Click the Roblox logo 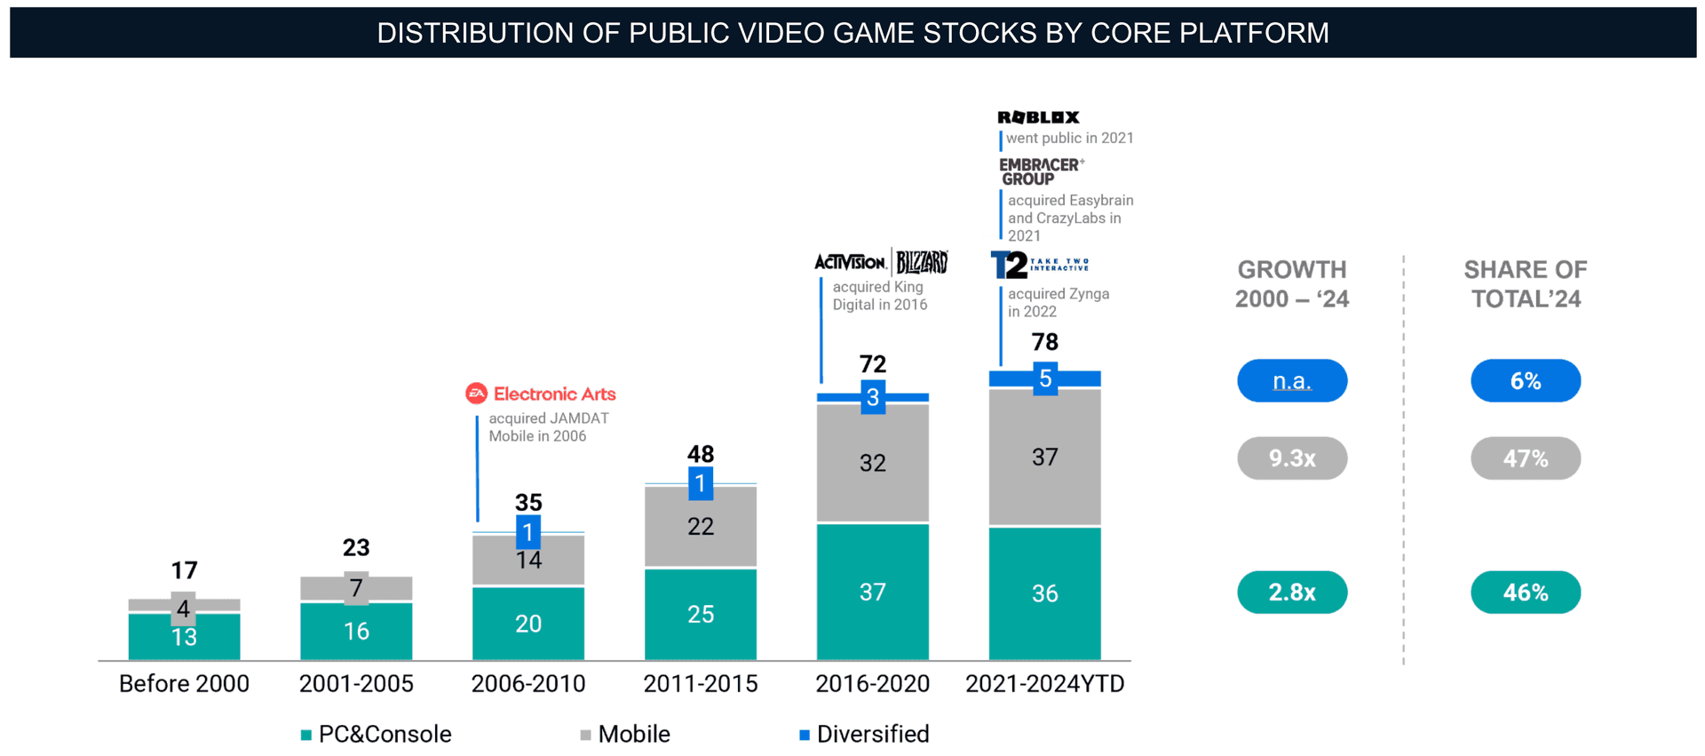tap(1038, 117)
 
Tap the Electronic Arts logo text tap(553, 394)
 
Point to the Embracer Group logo tap(1039, 171)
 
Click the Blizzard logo tap(922, 262)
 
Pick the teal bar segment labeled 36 tap(1044, 593)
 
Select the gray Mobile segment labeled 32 tap(872, 463)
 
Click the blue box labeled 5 tap(1045, 379)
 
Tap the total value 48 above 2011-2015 tap(700, 454)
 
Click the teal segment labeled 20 tap(527, 624)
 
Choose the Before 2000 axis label tap(184, 684)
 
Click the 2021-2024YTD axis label tap(1044, 684)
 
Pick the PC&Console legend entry tap(377, 735)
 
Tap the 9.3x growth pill tap(1291, 458)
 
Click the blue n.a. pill tap(1291, 381)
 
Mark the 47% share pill tap(1525, 458)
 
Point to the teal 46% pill tap(1525, 593)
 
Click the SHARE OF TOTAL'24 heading tap(1525, 284)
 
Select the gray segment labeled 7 tap(356, 588)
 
